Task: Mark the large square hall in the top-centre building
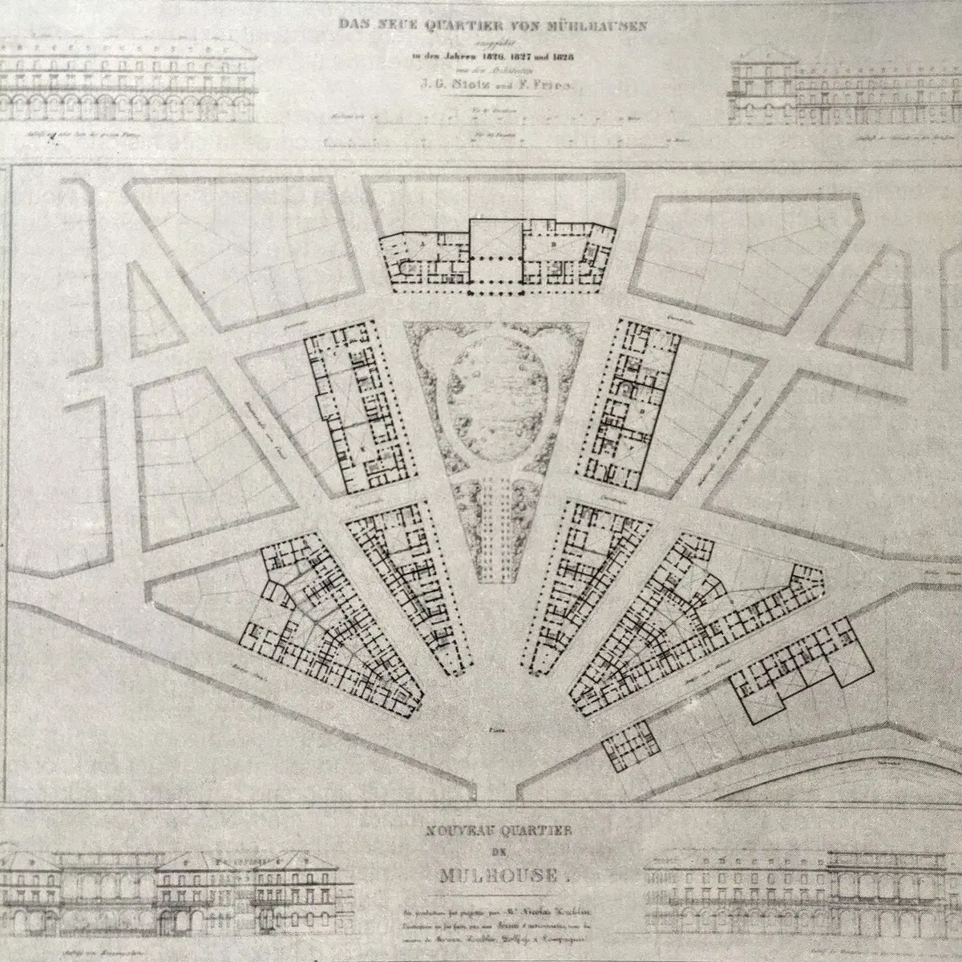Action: click(495, 240)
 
